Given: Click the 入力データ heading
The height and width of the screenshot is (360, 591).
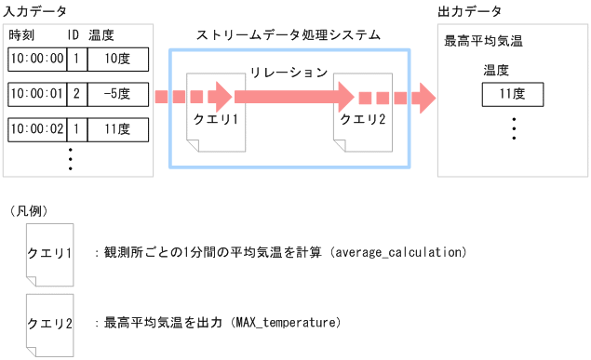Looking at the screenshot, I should [x=34, y=11].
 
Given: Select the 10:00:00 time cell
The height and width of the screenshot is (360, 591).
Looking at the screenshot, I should [x=36, y=60].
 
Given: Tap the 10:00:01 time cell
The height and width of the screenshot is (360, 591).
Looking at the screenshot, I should [x=36, y=94].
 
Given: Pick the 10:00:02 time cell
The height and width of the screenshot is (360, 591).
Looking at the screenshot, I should [x=36, y=128].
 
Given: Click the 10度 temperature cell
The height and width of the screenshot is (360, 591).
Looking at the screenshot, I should [x=117, y=60].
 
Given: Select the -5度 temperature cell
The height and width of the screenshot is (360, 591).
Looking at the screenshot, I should [x=117, y=94].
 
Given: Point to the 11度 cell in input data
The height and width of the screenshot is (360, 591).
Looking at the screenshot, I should [x=117, y=128].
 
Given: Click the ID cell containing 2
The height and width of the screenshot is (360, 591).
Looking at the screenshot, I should [x=76, y=94].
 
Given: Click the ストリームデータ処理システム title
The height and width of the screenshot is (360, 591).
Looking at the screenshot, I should [x=289, y=34].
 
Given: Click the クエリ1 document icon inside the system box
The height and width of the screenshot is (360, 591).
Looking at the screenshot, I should [x=217, y=113].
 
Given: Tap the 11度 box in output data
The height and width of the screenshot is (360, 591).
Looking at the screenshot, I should [x=512, y=94].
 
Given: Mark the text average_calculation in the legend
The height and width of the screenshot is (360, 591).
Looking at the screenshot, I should [x=396, y=252].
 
